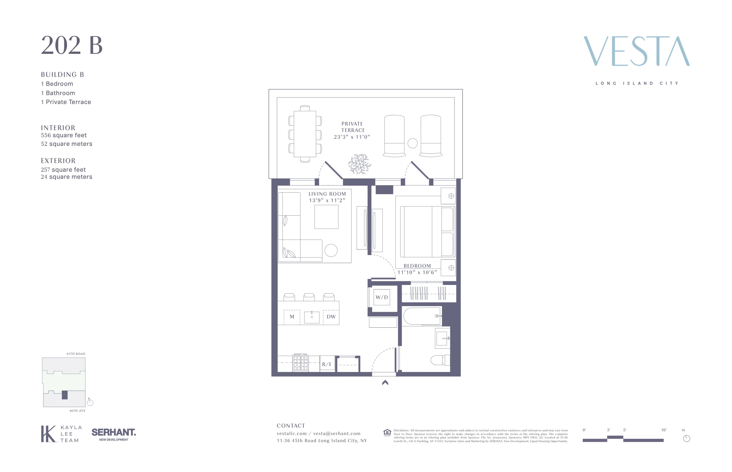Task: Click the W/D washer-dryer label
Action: (x=382, y=297)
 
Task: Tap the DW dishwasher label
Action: (x=331, y=317)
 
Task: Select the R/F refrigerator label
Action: (x=327, y=364)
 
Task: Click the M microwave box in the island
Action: (x=292, y=317)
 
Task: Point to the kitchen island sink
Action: (x=312, y=317)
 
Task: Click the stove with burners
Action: (x=300, y=363)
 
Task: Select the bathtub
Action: (x=422, y=316)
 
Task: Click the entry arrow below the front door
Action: (x=385, y=382)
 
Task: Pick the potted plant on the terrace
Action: (x=360, y=164)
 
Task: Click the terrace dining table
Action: (x=305, y=134)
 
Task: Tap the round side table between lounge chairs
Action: (x=412, y=143)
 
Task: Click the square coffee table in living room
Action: (x=326, y=217)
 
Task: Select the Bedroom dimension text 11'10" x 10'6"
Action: (x=417, y=272)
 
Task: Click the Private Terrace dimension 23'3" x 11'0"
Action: (x=352, y=137)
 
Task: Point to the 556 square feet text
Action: (x=64, y=135)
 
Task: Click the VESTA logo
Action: (x=636, y=51)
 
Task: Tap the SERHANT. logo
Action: (x=113, y=433)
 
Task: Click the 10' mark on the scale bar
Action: (x=663, y=430)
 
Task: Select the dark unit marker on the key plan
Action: (x=65, y=395)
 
